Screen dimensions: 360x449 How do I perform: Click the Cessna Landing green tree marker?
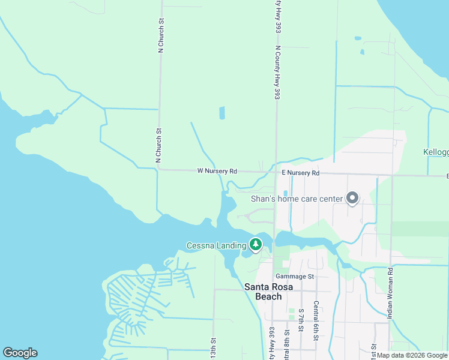point(256,244)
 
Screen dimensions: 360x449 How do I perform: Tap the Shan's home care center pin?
point(352,198)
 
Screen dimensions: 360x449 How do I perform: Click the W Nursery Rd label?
point(217,171)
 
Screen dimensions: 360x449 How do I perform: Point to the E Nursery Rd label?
point(301,173)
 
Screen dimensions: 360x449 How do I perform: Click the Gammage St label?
point(295,276)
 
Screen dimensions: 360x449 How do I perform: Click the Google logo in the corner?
point(20,353)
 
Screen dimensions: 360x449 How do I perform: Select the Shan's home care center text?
point(297,199)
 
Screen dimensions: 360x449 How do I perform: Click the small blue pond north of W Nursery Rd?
point(222,112)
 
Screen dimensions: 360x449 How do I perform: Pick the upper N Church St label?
point(161,36)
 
